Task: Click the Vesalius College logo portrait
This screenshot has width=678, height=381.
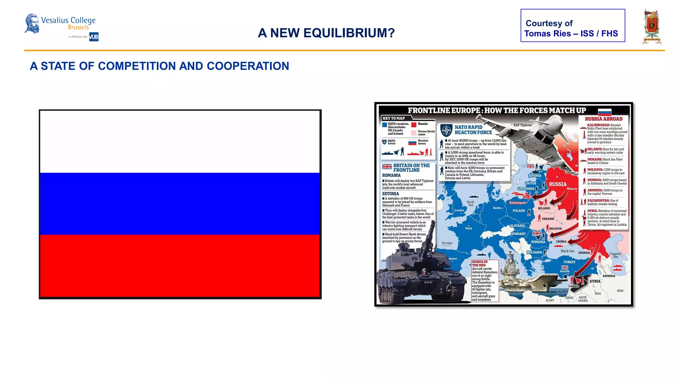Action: click(32, 23)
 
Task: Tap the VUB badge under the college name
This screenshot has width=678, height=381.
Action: click(94, 37)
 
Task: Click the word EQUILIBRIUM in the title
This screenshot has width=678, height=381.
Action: click(349, 33)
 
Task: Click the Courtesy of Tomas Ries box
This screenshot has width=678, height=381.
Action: click(572, 25)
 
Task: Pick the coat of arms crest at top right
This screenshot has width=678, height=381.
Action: click(652, 26)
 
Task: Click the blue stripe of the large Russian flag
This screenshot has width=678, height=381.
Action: click(180, 203)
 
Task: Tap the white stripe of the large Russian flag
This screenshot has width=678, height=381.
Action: click(180, 142)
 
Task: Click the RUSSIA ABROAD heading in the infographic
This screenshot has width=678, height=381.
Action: click(604, 119)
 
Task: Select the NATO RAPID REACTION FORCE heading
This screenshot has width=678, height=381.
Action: click(473, 130)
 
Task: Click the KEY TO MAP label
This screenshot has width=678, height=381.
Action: click(394, 118)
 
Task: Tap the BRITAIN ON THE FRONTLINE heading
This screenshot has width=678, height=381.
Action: click(411, 168)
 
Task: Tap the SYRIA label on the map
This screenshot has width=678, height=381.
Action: click(595, 281)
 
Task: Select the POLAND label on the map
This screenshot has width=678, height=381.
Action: click(518, 211)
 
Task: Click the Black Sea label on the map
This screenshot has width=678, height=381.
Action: click(567, 251)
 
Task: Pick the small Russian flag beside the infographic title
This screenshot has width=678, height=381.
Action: click(605, 111)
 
